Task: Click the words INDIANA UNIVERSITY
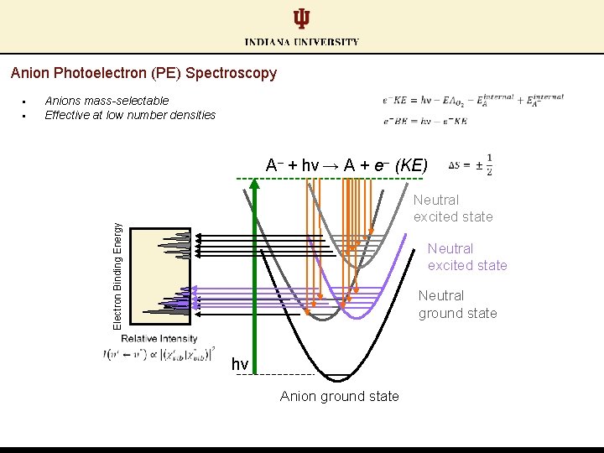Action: coord(302,42)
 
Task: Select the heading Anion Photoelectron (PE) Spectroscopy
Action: coord(143,73)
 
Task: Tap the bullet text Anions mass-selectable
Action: coord(107,101)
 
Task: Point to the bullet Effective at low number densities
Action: coord(130,115)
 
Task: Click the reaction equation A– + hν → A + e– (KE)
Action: coord(346,164)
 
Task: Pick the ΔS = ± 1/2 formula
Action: coord(471,164)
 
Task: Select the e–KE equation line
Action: coord(472,100)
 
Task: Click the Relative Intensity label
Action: coord(159,338)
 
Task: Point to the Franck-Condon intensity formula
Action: coord(159,354)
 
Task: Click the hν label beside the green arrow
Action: coord(240,364)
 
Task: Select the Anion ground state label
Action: coord(340,396)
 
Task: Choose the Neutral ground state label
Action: coord(457,305)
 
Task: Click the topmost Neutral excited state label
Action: coord(453,208)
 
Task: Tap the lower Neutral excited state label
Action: coord(467,257)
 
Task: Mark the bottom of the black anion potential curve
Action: coord(338,380)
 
